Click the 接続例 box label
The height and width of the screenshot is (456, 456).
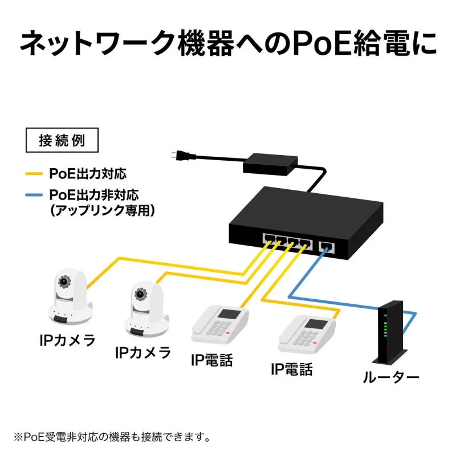[62, 141]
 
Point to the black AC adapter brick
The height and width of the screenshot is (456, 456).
[268, 164]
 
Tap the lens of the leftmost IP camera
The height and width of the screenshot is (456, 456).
[64, 282]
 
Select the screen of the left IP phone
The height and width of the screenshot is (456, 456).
[231, 314]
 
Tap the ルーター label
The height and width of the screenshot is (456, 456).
[391, 377]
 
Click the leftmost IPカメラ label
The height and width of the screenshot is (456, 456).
[67, 341]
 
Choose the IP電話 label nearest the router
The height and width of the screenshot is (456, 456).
[292, 369]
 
